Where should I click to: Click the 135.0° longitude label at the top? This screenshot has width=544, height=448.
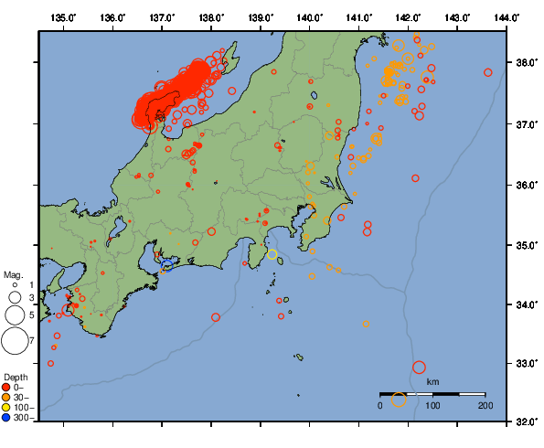point(63,17)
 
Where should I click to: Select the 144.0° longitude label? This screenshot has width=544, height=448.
point(507,17)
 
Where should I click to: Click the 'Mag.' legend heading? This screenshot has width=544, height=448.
point(13,274)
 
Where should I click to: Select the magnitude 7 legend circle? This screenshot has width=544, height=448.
point(14,341)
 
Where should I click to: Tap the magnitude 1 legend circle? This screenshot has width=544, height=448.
point(15,285)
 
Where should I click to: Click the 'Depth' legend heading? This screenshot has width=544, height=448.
point(16,377)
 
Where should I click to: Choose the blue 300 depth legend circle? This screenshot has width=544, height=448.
point(6,417)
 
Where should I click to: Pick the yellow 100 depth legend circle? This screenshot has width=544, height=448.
point(6,407)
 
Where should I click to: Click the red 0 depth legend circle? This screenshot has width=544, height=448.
point(6,387)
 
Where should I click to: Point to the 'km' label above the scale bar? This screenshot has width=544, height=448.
point(432,381)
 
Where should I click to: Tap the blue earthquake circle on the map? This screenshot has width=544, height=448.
point(167,265)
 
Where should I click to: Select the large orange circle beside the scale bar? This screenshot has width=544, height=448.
point(399,400)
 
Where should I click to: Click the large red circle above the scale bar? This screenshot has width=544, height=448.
point(419,368)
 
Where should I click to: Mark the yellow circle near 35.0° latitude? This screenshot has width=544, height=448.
point(272,253)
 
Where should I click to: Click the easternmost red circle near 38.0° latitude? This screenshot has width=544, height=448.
point(488,72)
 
